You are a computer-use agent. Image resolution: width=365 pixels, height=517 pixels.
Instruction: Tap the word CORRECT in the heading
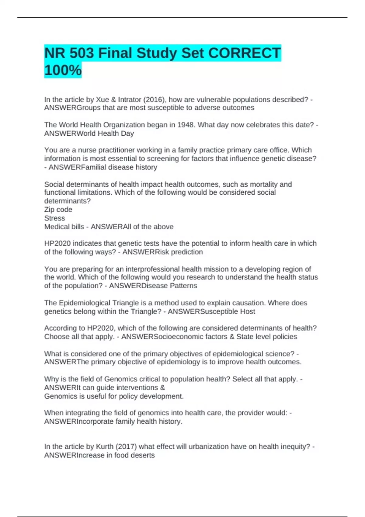pyautogui.click(x=244, y=53)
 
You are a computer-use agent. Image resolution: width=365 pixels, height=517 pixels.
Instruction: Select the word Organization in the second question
pyautogui.click(x=124, y=125)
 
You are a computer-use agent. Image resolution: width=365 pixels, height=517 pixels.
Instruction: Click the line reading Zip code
pyautogui.click(x=58, y=210)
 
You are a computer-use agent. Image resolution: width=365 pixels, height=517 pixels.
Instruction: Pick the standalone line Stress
pyautogui.click(x=54, y=218)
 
